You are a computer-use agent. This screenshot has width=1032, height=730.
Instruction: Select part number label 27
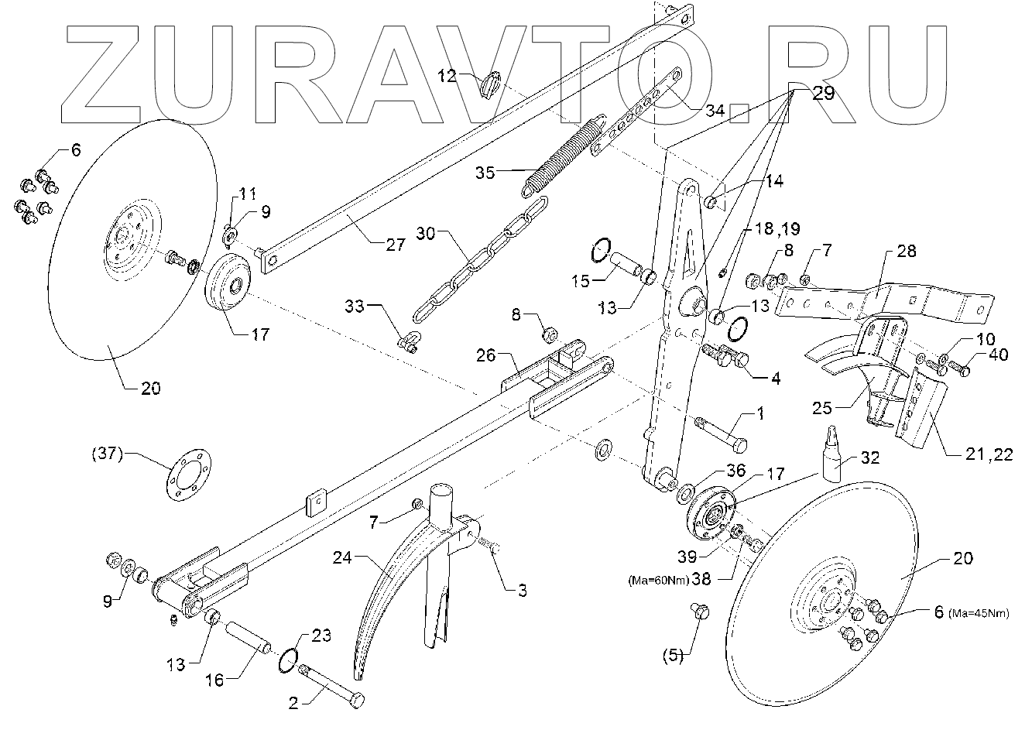[x=395, y=245]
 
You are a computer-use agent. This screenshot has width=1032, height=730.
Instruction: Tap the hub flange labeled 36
[x=687, y=493]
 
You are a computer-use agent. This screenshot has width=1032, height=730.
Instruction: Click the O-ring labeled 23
[x=287, y=658]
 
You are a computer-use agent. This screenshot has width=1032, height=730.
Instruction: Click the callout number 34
[x=715, y=111]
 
